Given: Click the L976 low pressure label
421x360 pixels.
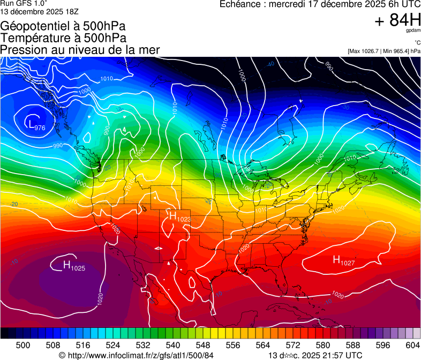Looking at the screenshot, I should [x=36, y=125].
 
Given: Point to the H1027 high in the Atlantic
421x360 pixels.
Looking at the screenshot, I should [x=343, y=260].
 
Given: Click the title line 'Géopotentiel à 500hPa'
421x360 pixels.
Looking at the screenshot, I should [x=63, y=26].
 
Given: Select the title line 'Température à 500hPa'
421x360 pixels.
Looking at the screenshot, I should [x=63, y=38].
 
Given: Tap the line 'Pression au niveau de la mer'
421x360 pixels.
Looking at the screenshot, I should [x=80, y=50].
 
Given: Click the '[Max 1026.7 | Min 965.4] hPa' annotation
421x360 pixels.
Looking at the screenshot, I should [x=384, y=51].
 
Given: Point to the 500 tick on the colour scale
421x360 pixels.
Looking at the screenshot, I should [x=23, y=344].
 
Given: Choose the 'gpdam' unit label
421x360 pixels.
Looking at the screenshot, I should [x=412, y=31].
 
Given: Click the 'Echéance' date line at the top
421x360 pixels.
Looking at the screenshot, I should [x=320, y=4].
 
